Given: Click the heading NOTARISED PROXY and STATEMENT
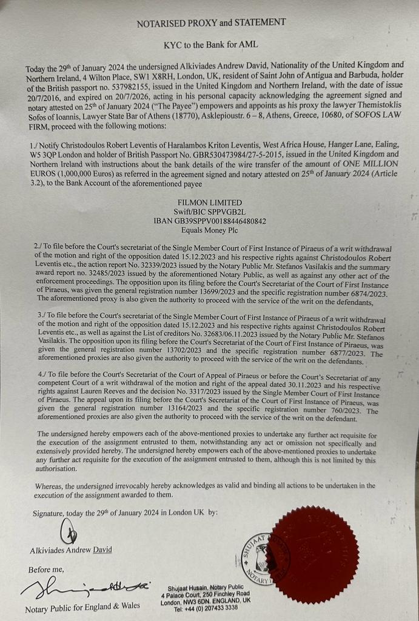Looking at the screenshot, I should [211, 22].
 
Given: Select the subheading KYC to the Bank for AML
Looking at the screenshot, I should [211, 45].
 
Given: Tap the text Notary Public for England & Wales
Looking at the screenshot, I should [82, 605].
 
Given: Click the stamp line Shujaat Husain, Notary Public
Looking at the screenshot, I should [209, 586].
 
